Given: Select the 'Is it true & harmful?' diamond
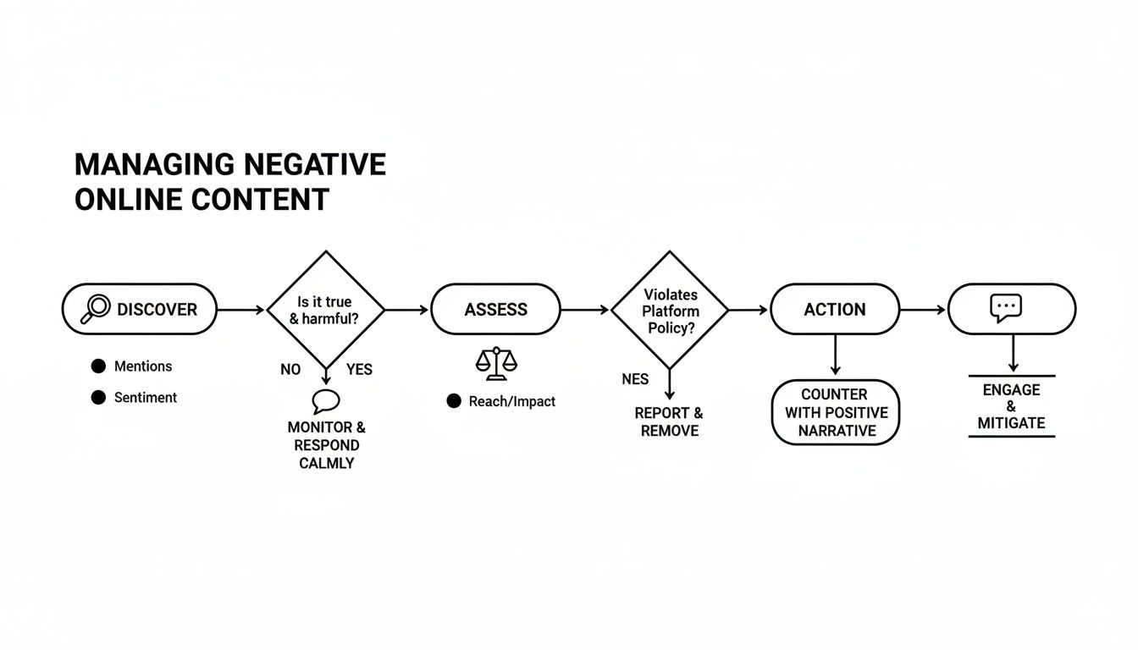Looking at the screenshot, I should [x=326, y=310].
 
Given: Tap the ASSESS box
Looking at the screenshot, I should [x=495, y=310].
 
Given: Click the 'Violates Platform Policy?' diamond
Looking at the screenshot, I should [x=670, y=310].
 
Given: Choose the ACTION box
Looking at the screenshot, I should [x=834, y=310].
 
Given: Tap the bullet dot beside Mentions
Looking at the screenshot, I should [x=98, y=366].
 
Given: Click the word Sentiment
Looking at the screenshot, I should [x=146, y=398].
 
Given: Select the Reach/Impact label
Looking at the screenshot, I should [x=511, y=401].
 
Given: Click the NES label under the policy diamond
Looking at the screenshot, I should [x=635, y=379].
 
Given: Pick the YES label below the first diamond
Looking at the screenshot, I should [x=359, y=370].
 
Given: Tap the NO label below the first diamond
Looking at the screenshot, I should [x=290, y=370].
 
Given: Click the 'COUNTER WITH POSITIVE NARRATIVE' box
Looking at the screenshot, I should [x=836, y=412].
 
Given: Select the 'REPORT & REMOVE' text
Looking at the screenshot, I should [x=669, y=421].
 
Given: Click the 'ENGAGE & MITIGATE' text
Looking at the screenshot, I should [x=1011, y=406].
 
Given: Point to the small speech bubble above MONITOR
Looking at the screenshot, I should [x=326, y=401].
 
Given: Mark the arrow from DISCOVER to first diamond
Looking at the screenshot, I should [x=241, y=310].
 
